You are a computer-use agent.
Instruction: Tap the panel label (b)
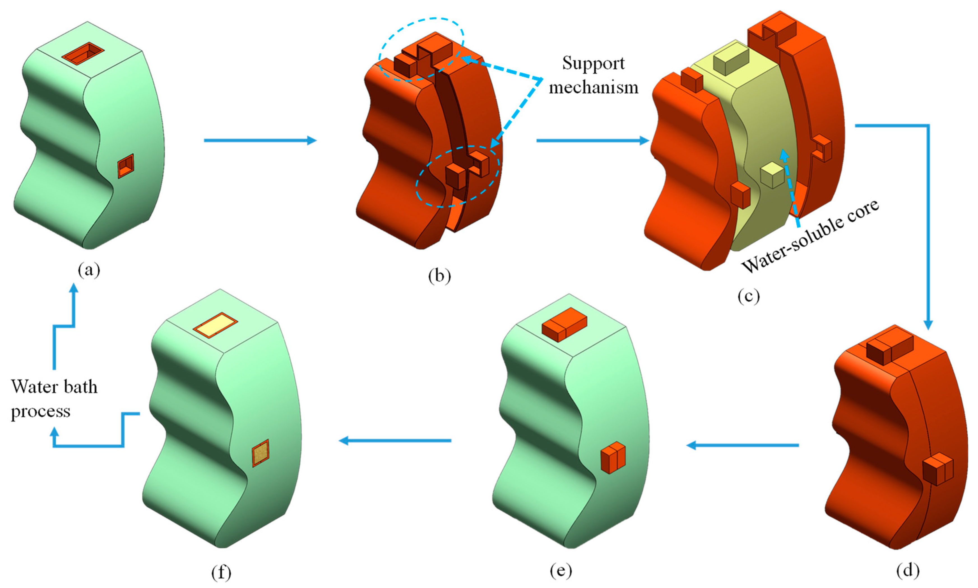point(439,276)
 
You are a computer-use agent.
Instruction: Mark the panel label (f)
point(221,572)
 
